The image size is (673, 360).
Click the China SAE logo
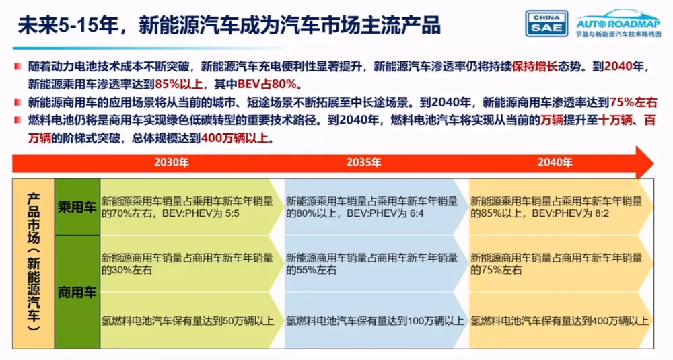tap(546, 23)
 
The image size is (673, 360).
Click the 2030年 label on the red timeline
tap(172, 162)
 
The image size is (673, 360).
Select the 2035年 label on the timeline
tap(363, 162)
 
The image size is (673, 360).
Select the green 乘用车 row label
tap(77, 207)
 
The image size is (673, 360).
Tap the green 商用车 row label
tap(77, 292)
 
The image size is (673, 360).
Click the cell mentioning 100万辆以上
tap(375, 321)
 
